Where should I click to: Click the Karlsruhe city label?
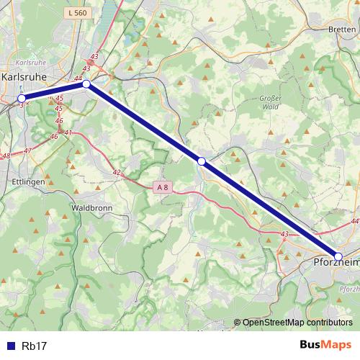[26, 76]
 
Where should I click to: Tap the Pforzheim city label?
[336, 264]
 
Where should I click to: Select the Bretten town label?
[341, 30]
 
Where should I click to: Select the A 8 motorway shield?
[163, 187]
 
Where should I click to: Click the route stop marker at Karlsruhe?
[22, 98]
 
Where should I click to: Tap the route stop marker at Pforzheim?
[338, 256]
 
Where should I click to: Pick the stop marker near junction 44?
[86, 84]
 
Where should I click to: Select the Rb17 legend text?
[35, 346]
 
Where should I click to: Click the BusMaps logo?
[325, 345]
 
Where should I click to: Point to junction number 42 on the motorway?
[117, 172]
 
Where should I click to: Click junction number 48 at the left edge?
[6, 156]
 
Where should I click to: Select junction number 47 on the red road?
[27, 150]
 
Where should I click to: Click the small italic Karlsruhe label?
[30, 63]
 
